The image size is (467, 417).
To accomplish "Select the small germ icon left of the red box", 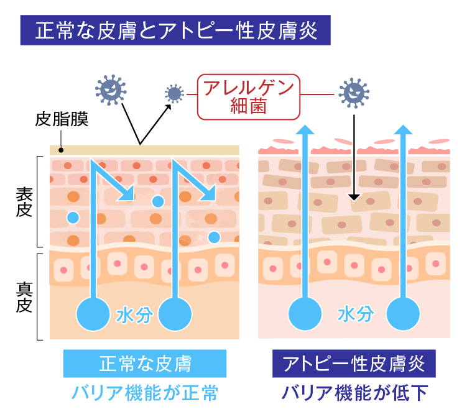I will point(175,94).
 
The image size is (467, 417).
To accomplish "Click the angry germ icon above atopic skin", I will point(354,94).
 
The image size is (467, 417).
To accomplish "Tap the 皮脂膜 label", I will point(62,119).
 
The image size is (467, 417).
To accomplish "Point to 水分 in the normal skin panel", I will point(134,315).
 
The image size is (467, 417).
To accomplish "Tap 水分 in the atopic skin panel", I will point(356,314).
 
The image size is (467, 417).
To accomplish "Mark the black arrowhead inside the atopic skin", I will point(354,198).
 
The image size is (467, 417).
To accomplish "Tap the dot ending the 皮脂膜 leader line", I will point(61,150).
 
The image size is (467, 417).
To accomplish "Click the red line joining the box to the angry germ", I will point(320,94).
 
